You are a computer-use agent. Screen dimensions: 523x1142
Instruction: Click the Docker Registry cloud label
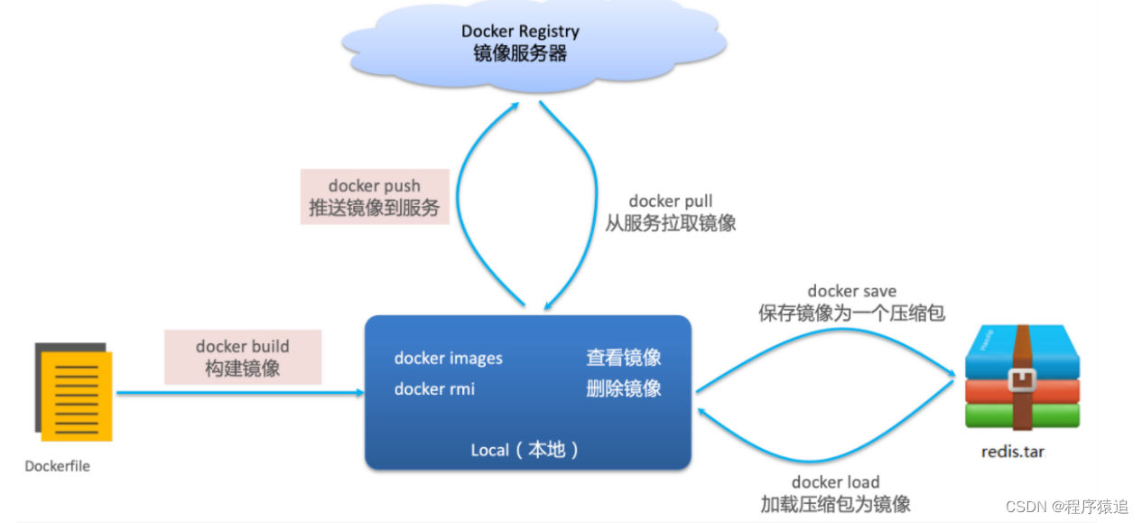click(520, 42)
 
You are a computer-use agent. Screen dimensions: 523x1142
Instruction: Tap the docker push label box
click(375, 197)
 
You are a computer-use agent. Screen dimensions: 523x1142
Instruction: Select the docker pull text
click(671, 201)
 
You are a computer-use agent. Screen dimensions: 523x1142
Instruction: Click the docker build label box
click(243, 357)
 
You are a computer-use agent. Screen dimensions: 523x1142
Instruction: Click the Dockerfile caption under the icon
click(58, 466)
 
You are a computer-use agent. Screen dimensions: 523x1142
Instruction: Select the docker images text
click(449, 359)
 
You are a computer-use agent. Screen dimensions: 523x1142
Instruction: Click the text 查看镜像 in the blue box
click(623, 358)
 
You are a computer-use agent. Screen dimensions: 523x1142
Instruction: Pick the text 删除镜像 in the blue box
click(623, 388)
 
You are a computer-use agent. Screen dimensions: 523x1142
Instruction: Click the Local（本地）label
click(525, 450)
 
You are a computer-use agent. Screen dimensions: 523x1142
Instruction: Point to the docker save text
click(851, 291)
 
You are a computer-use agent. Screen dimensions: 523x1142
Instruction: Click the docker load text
click(835, 482)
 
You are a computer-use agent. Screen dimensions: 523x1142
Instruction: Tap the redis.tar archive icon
click(1022, 379)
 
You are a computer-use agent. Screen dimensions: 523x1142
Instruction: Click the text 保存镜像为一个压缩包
click(851, 313)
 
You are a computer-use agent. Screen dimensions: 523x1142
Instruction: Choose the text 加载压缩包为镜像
click(835, 504)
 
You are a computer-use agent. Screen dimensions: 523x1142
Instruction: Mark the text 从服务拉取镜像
click(671, 223)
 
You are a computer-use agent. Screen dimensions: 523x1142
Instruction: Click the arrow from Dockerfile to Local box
click(239, 393)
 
